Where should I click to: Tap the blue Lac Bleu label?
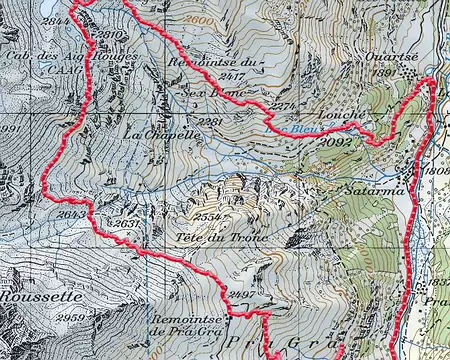tap(290, 128)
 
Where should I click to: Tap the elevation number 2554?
tap(208, 217)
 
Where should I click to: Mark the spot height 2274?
tap(283, 107)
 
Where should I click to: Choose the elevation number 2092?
tap(338, 143)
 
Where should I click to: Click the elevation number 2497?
tap(241, 295)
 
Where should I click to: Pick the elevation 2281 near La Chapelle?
tap(210, 121)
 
